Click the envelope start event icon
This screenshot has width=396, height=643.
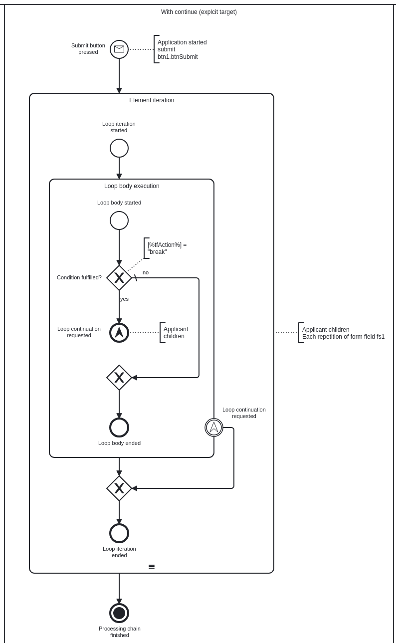(x=119, y=49)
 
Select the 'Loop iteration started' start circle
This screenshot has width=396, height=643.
(x=119, y=148)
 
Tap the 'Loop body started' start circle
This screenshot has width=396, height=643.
(x=119, y=220)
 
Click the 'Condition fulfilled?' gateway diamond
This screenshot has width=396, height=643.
(x=119, y=278)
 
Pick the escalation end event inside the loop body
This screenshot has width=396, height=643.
(x=119, y=333)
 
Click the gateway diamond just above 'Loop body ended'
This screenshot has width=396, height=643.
(x=119, y=378)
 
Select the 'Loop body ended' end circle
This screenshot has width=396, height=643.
(x=119, y=428)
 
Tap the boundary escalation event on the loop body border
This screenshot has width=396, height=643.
(x=214, y=428)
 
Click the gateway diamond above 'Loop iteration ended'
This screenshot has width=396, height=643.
(x=119, y=488)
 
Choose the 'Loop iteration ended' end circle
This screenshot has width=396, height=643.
(x=119, y=533)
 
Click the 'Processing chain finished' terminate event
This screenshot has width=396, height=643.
(x=119, y=613)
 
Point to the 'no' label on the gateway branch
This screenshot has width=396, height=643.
(x=146, y=272)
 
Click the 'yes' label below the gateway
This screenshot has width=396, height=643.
(x=124, y=299)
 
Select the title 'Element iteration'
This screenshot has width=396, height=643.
(x=152, y=100)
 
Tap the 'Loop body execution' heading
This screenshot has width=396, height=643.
(x=132, y=186)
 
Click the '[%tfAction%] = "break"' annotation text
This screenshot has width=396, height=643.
(x=167, y=248)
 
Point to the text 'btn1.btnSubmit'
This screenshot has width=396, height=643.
(x=178, y=57)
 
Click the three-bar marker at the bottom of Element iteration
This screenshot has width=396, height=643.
(x=152, y=567)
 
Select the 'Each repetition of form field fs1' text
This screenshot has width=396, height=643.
(x=343, y=337)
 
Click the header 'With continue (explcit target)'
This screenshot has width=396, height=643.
(x=199, y=12)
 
